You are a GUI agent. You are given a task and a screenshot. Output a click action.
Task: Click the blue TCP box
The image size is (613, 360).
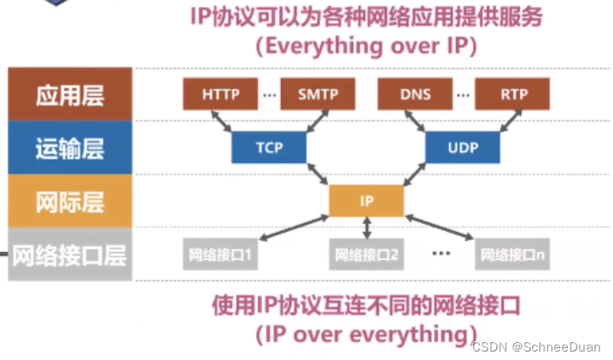click(268, 148)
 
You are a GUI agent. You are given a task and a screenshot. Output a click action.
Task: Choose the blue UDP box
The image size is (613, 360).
click(463, 148)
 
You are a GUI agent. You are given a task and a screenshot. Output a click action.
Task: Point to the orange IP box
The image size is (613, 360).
click(366, 201)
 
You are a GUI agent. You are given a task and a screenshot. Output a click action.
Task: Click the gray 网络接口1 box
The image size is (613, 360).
click(219, 254)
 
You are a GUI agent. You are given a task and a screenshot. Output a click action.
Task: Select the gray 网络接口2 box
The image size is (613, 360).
click(366, 254)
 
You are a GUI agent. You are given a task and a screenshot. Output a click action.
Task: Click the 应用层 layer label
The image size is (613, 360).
click(70, 95)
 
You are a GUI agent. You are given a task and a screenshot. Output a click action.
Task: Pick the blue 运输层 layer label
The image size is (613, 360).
click(70, 149)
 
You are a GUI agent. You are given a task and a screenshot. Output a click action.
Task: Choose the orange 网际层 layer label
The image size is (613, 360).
click(70, 202)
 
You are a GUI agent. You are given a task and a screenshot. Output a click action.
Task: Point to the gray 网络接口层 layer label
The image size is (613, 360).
click(70, 255)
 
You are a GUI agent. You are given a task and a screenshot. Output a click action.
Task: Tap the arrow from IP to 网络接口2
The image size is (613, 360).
click(366, 228)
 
